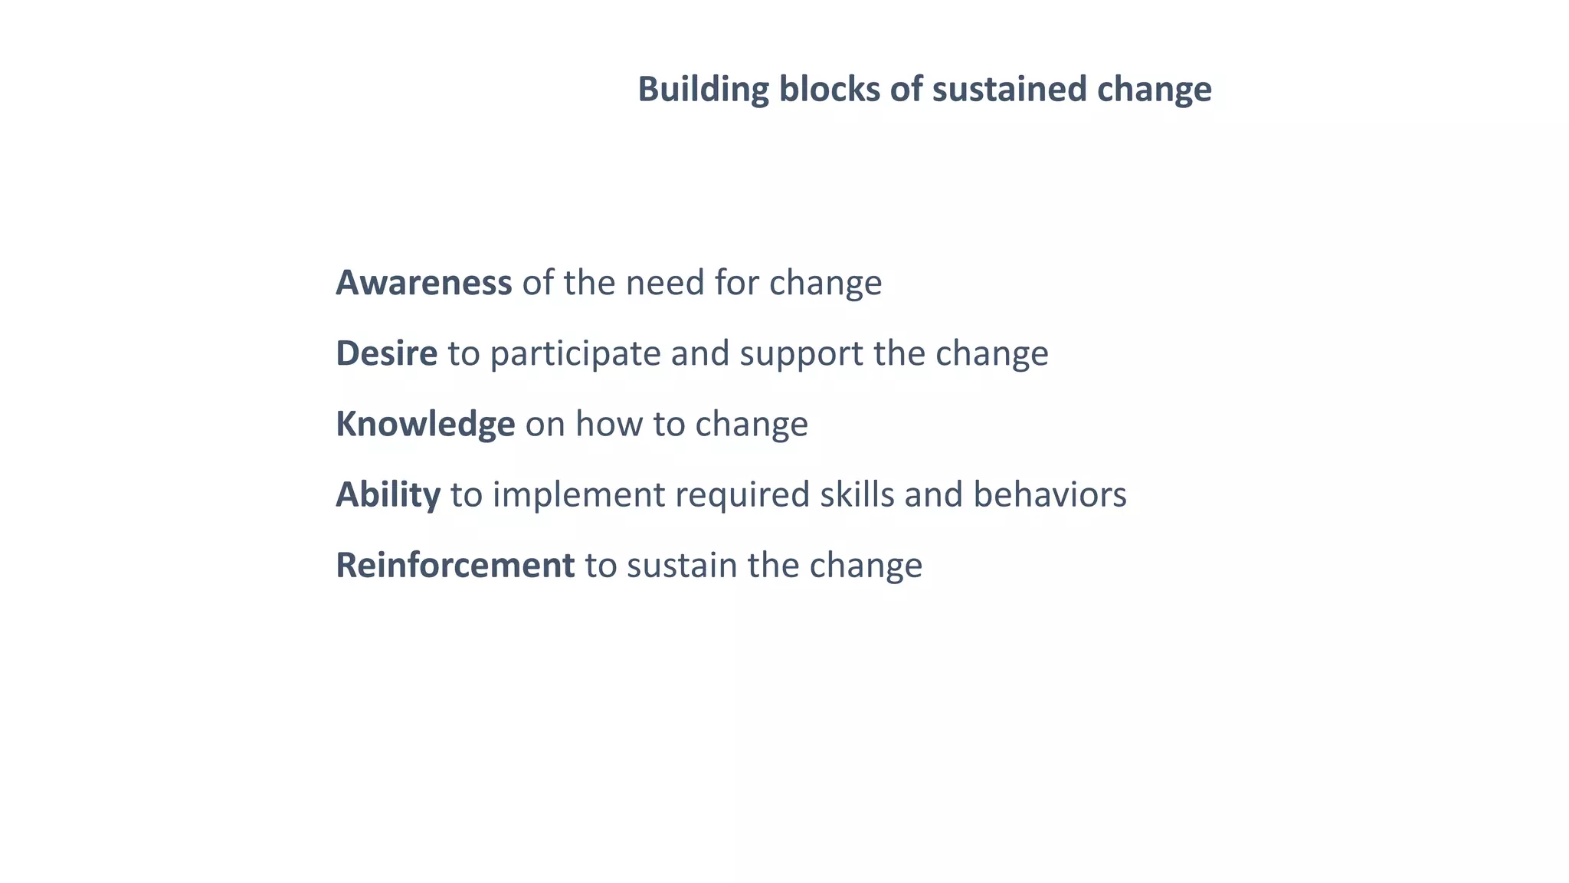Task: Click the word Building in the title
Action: [703, 90]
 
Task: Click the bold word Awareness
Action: [424, 283]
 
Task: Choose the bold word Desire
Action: [387, 353]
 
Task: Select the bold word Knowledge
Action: [425, 425]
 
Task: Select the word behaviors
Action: [1050, 494]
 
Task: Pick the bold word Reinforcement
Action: [455, 566]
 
